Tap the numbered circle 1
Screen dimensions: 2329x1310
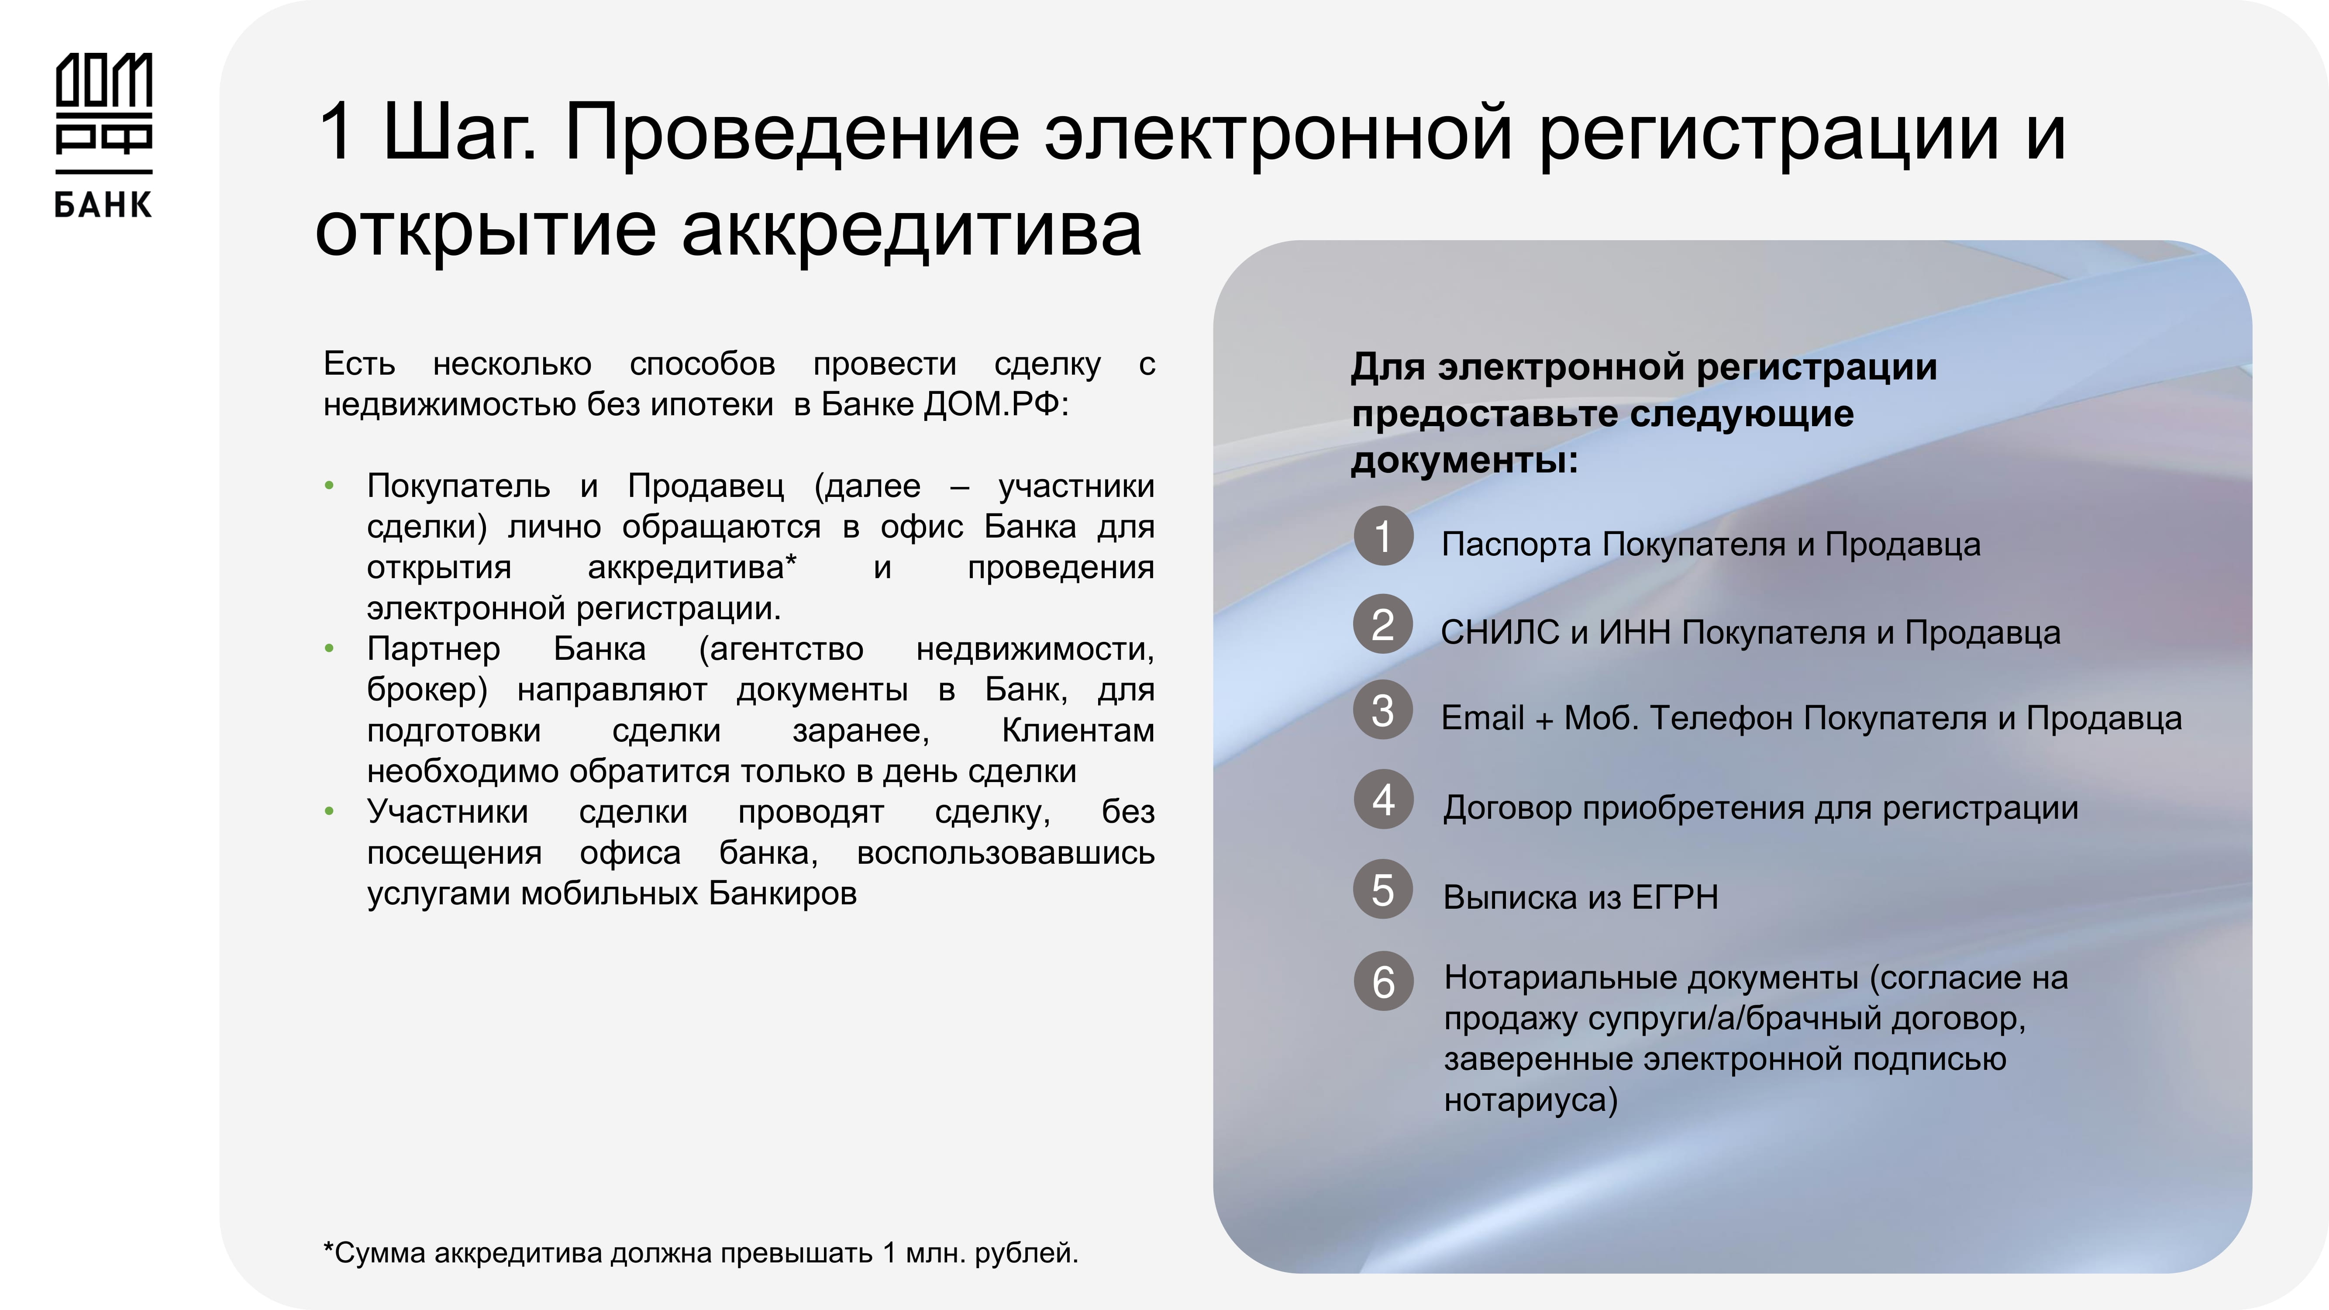click(x=1383, y=536)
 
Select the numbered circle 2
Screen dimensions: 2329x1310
click(x=1383, y=624)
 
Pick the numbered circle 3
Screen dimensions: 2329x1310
click(x=1383, y=710)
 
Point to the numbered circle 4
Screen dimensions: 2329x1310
click(x=1383, y=799)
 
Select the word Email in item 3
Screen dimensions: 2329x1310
click(x=1483, y=718)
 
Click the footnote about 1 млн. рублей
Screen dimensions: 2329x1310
click(x=701, y=1253)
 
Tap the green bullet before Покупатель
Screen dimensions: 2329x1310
click(x=329, y=486)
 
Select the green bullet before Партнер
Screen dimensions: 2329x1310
click(x=329, y=648)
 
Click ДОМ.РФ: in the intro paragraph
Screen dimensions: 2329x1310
click(x=996, y=404)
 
